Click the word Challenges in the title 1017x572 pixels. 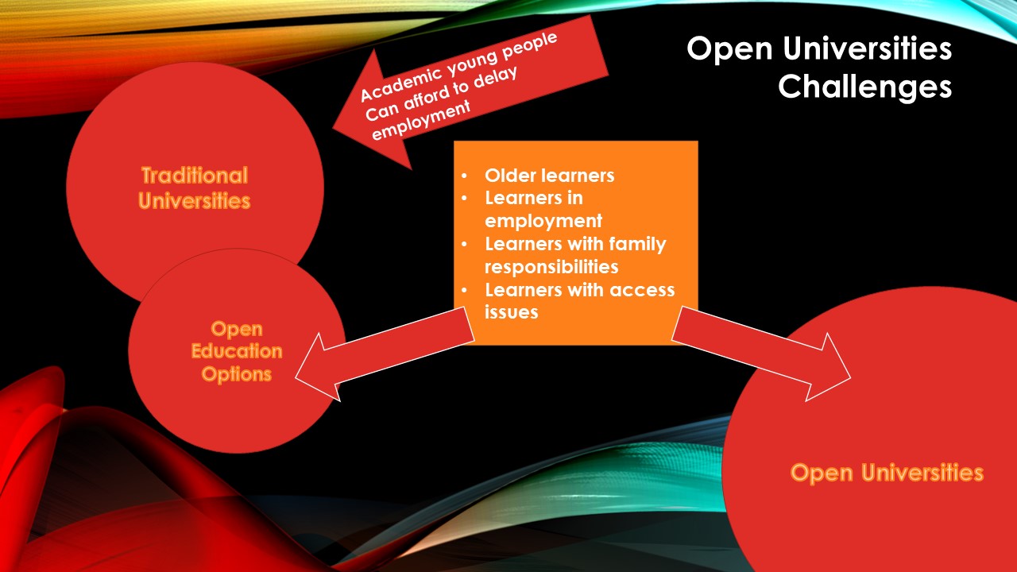[865, 87]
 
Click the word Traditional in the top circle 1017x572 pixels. [195, 176]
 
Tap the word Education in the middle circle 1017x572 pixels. [237, 351]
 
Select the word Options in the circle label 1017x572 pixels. [237, 374]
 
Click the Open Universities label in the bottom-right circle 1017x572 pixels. [887, 473]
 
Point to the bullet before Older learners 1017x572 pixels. [464, 176]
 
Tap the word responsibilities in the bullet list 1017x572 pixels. [551, 267]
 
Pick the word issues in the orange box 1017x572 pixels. [511, 312]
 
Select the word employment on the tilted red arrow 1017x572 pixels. [421, 120]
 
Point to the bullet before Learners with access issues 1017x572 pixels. [464, 290]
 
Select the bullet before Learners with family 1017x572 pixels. [464, 244]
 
